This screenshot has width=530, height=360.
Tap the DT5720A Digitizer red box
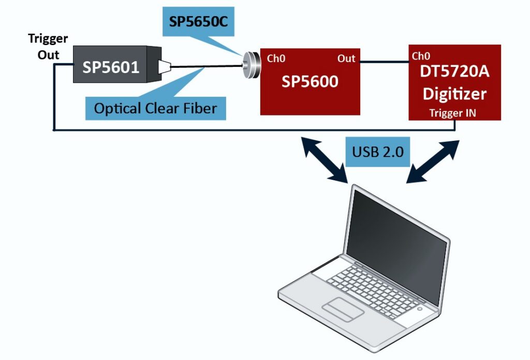tap(454, 83)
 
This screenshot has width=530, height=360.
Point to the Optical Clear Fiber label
tap(155, 108)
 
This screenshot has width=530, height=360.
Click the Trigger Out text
tap(48, 47)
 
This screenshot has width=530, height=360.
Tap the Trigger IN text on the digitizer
tap(453, 112)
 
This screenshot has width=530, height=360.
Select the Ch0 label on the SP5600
tap(276, 58)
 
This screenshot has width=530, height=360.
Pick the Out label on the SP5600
tap(346, 58)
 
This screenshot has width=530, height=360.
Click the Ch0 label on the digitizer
tap(421, 56)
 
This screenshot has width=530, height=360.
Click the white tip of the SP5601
tap(165, 66)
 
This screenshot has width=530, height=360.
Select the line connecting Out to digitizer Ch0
tap(385, 63)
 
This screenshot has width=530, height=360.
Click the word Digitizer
tap(454, 94)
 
